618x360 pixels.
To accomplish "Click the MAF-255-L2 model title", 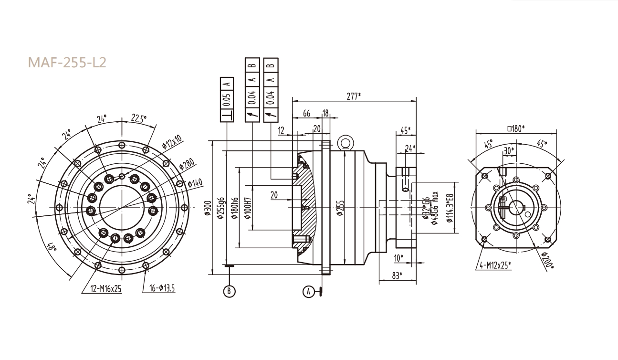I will click(x=66, y=63).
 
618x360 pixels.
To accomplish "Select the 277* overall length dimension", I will click(x=354, y=96).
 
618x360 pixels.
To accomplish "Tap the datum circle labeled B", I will click(x=230, y=290).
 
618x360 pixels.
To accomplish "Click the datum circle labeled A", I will click(x=309, y=290).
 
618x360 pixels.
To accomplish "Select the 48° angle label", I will click(x=52, y=248).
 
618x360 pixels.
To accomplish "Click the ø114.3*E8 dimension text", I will click(x=449, y=208).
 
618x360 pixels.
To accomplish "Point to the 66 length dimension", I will click(x=307, y=113).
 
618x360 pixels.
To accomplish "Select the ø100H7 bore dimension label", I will click(x=247, y=209).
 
